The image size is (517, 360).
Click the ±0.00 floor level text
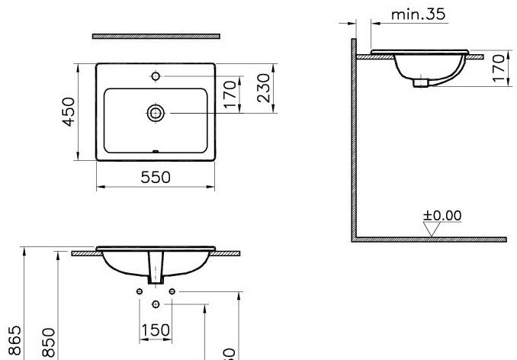[x=442, y=215]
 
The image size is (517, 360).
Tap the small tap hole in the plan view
[x=156, y=76]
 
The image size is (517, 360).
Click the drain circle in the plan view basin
[x=156, y=113]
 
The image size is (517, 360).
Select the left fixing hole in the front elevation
[x=139, y=291]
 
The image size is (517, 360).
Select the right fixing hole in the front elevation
[x=173, y=291]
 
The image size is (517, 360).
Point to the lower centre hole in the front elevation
[x=156, y=304]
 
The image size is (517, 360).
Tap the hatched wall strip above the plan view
[x=156, y=36]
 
